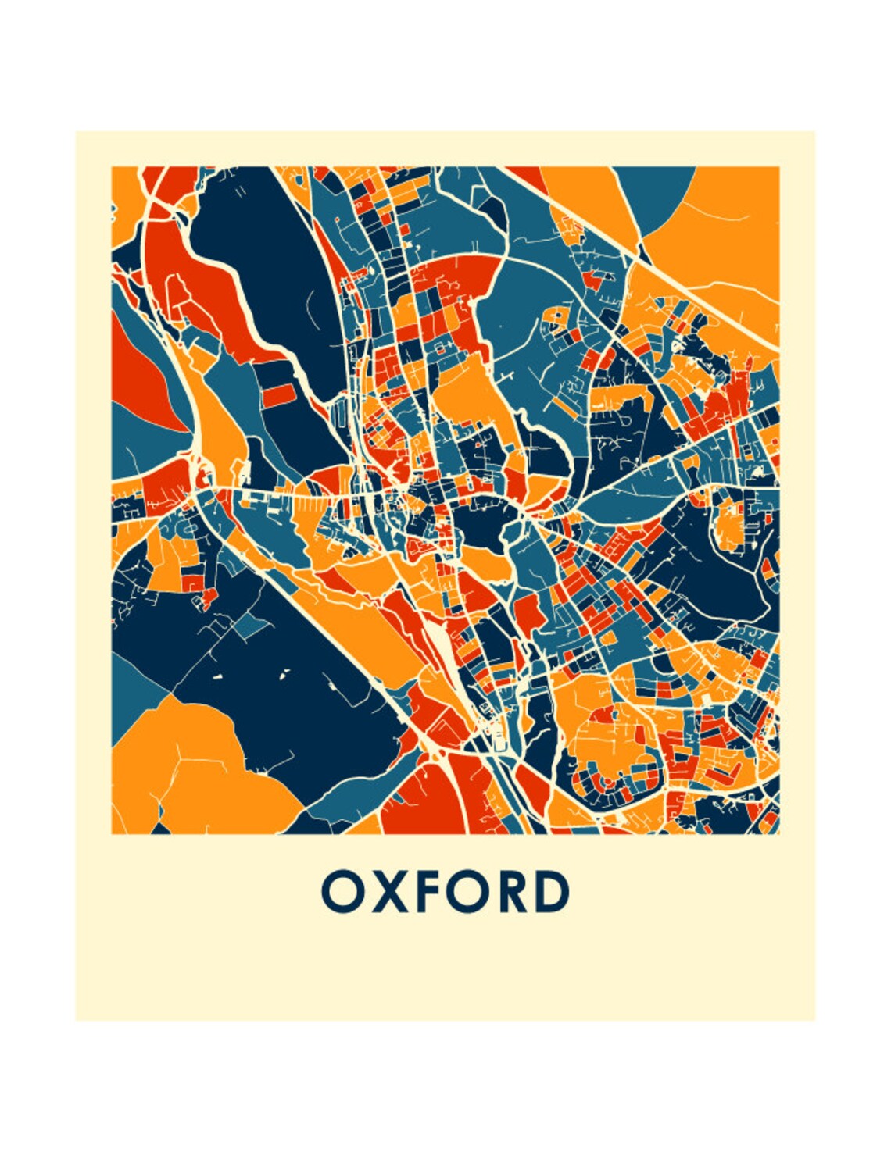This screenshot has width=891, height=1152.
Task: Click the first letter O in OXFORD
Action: (341, 892)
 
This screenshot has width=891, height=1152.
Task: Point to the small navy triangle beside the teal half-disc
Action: (643, 252)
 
